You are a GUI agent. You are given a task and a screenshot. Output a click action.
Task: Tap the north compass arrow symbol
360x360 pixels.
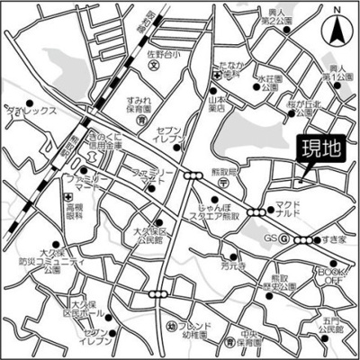pos(337,29)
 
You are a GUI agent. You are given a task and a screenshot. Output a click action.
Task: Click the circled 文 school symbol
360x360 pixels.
pos(154,66)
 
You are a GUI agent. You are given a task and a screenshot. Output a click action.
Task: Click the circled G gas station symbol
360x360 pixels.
pos(283,239)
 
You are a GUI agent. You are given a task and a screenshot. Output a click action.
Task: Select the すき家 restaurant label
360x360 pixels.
pos(336,240)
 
